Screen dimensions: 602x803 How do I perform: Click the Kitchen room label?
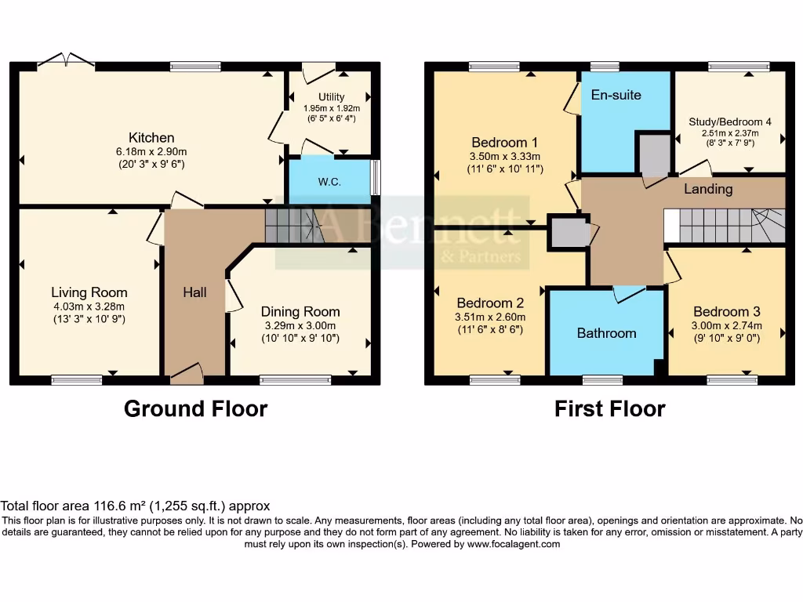[151, 137]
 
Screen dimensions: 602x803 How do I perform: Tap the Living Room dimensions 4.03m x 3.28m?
[89, 306]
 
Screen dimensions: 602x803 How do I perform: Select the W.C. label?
[329, 182]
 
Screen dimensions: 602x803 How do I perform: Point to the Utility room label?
[331, 96]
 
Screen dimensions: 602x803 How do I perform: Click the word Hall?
[194, 292]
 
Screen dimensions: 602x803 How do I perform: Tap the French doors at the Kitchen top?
[66, 60]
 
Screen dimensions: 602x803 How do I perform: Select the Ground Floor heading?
[195, 409]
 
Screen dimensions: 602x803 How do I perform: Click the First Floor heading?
[609, 409]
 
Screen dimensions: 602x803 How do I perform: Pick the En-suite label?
[616, 95]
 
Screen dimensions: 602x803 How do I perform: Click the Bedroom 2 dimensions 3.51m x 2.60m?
[491, 317]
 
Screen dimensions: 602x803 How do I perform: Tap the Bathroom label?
[606, 333]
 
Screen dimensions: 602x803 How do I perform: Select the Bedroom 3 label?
[726, 311]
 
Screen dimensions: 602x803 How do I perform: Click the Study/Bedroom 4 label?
[729, 122]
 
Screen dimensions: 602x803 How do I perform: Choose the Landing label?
[708, 189]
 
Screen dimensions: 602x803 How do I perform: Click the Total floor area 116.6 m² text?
[135, 507]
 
